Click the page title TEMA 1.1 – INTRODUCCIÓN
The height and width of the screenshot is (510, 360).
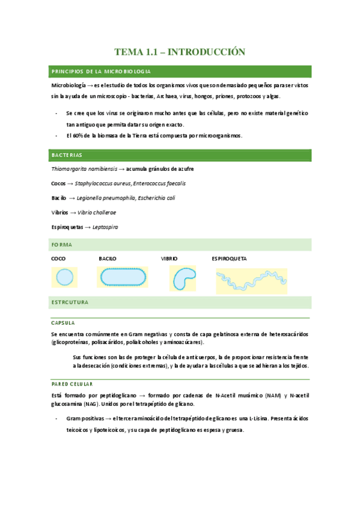coord(180,52)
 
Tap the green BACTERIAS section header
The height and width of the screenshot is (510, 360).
coord(66,155)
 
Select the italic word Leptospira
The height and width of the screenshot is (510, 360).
coord(105,227)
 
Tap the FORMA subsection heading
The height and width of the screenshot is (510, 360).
coord(62,245)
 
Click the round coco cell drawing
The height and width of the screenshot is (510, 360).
coord(63,277)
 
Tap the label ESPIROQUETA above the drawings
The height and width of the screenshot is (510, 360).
coord(229,259)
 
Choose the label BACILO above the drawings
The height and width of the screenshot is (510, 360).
coord(108,259)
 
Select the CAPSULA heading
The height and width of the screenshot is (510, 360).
coord(63,323)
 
